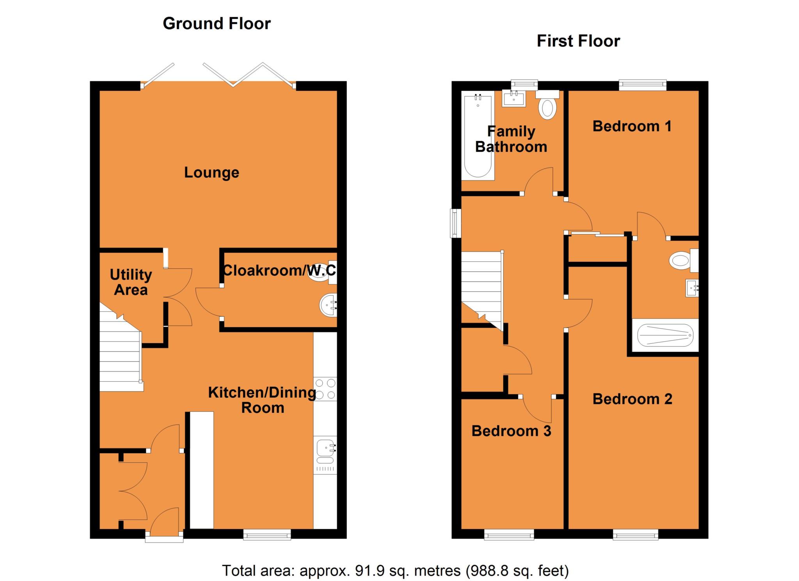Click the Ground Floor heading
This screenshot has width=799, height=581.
[217, 24]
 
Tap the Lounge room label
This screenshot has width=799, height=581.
[211, 172]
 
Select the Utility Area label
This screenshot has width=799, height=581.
[131, 282]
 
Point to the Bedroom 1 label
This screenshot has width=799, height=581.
[632, 126]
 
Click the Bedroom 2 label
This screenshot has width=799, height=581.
[632, 399]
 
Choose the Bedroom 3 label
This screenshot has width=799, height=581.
[511, 431]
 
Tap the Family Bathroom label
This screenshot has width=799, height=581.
[511, 139]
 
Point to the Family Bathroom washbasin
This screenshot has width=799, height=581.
[514, 98]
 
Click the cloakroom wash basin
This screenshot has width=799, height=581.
[328, 305]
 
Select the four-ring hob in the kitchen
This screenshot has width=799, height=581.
[325, 389]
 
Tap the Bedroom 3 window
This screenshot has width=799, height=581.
[509, 535]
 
